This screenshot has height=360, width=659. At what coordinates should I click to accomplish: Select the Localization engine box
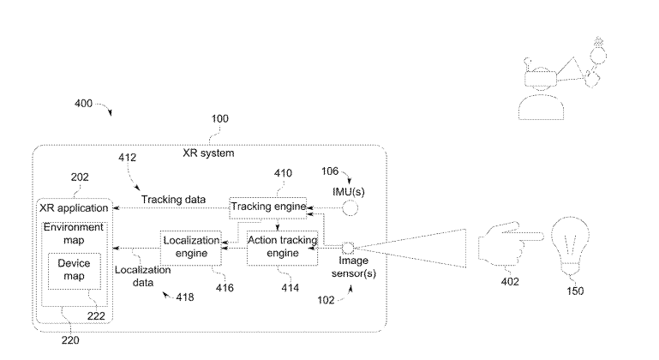[190, 246]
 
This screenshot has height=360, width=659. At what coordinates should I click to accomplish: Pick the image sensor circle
[348, 247]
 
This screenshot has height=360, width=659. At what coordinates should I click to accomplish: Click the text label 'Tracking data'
[173, 200]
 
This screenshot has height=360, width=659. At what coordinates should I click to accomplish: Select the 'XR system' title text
[208, 153]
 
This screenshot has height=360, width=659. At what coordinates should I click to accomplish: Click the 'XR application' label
[75, 208]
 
